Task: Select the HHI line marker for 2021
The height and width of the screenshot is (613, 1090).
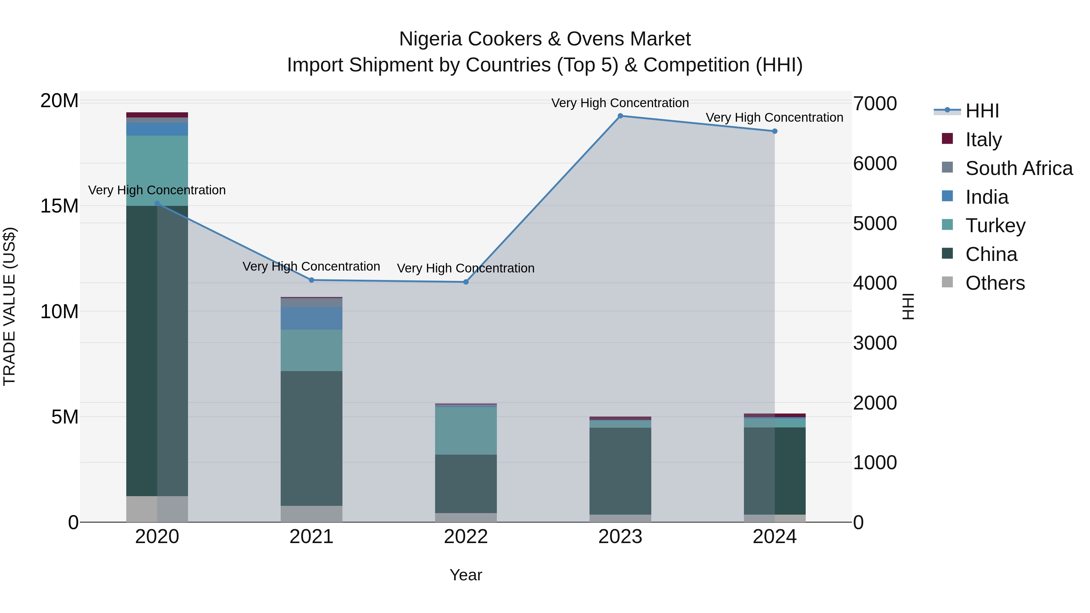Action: (312, 280)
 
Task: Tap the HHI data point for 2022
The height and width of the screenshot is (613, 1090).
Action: (466, 282)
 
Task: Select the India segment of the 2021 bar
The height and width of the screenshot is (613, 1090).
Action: (312, 318)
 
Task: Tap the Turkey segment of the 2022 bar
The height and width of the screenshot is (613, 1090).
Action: (466, 431)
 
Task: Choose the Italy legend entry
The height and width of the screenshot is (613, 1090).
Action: (983, 139)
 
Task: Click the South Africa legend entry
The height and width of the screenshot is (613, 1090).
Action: (1019, 168)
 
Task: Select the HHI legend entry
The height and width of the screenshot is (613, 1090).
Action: (982, 110)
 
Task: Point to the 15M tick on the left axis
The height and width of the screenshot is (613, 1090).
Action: (59, 206)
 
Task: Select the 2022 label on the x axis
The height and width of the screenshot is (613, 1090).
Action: (466, 537)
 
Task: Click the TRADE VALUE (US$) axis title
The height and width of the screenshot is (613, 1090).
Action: (9, 306)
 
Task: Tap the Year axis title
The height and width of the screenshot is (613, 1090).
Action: (466, 575)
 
